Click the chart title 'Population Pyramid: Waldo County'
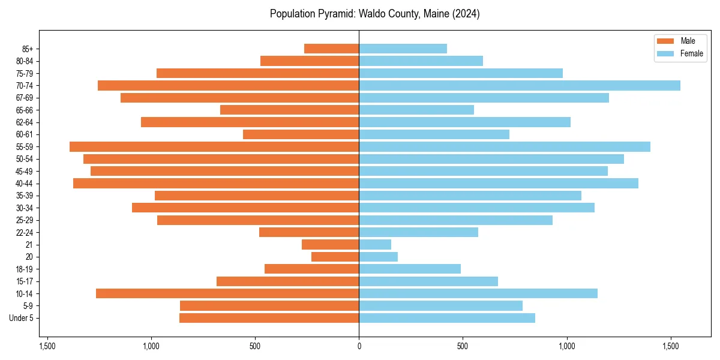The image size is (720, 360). point(374,14)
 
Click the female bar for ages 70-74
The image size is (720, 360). point(519,86)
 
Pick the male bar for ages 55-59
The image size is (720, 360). point(214,147)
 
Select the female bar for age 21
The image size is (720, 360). point(375,245)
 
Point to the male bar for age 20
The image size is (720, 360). point(335,257)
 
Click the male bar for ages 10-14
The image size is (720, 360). point(227,293)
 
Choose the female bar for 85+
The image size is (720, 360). point(403,49)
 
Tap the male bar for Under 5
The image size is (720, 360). point(269,318)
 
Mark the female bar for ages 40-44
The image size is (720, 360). point(498,184)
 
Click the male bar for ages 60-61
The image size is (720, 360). point(301,134)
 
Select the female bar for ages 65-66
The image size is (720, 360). point(416,110)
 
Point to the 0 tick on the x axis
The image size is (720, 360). point(359,346)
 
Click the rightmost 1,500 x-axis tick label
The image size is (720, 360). point(671,346)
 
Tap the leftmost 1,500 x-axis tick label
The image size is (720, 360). point(47,346)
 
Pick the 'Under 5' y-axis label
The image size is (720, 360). point(21,318)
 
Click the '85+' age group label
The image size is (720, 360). point(27,49)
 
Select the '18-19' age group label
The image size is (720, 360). point(25,269)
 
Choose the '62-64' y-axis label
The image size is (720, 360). point(25,122)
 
